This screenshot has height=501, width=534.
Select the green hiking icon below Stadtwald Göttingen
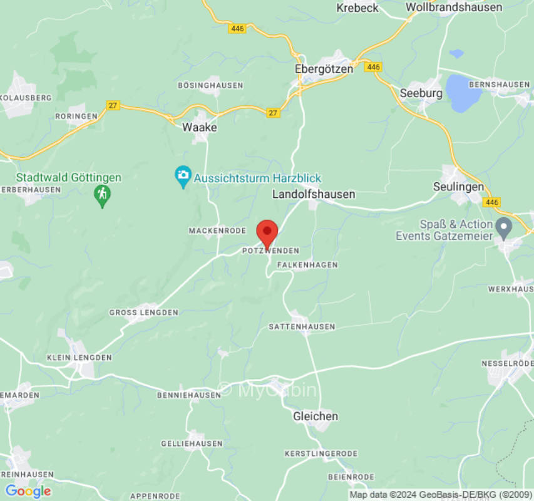point(102,195)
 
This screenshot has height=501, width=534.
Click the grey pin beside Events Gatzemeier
point(503,227)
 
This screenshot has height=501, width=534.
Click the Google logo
point(28,491)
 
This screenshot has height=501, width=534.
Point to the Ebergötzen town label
point(324,69)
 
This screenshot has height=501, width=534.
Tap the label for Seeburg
point(421,93)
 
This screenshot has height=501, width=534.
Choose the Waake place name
point(199,127)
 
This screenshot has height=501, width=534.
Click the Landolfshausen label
point(314,195)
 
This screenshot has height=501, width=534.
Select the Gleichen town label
point(316,416)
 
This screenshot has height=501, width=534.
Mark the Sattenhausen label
point(302,327)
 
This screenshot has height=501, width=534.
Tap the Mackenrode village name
point(217,231)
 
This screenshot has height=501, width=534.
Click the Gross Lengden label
point(144,312)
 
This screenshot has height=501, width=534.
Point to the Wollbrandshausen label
point(454,8)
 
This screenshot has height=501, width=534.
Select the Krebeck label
point(357,8)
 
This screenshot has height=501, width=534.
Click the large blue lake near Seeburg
point(463,92)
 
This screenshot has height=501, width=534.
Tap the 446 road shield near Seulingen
point(492,202)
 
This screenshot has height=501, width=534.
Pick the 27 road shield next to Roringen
point(112,105)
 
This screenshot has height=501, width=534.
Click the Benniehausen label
point(188,395)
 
